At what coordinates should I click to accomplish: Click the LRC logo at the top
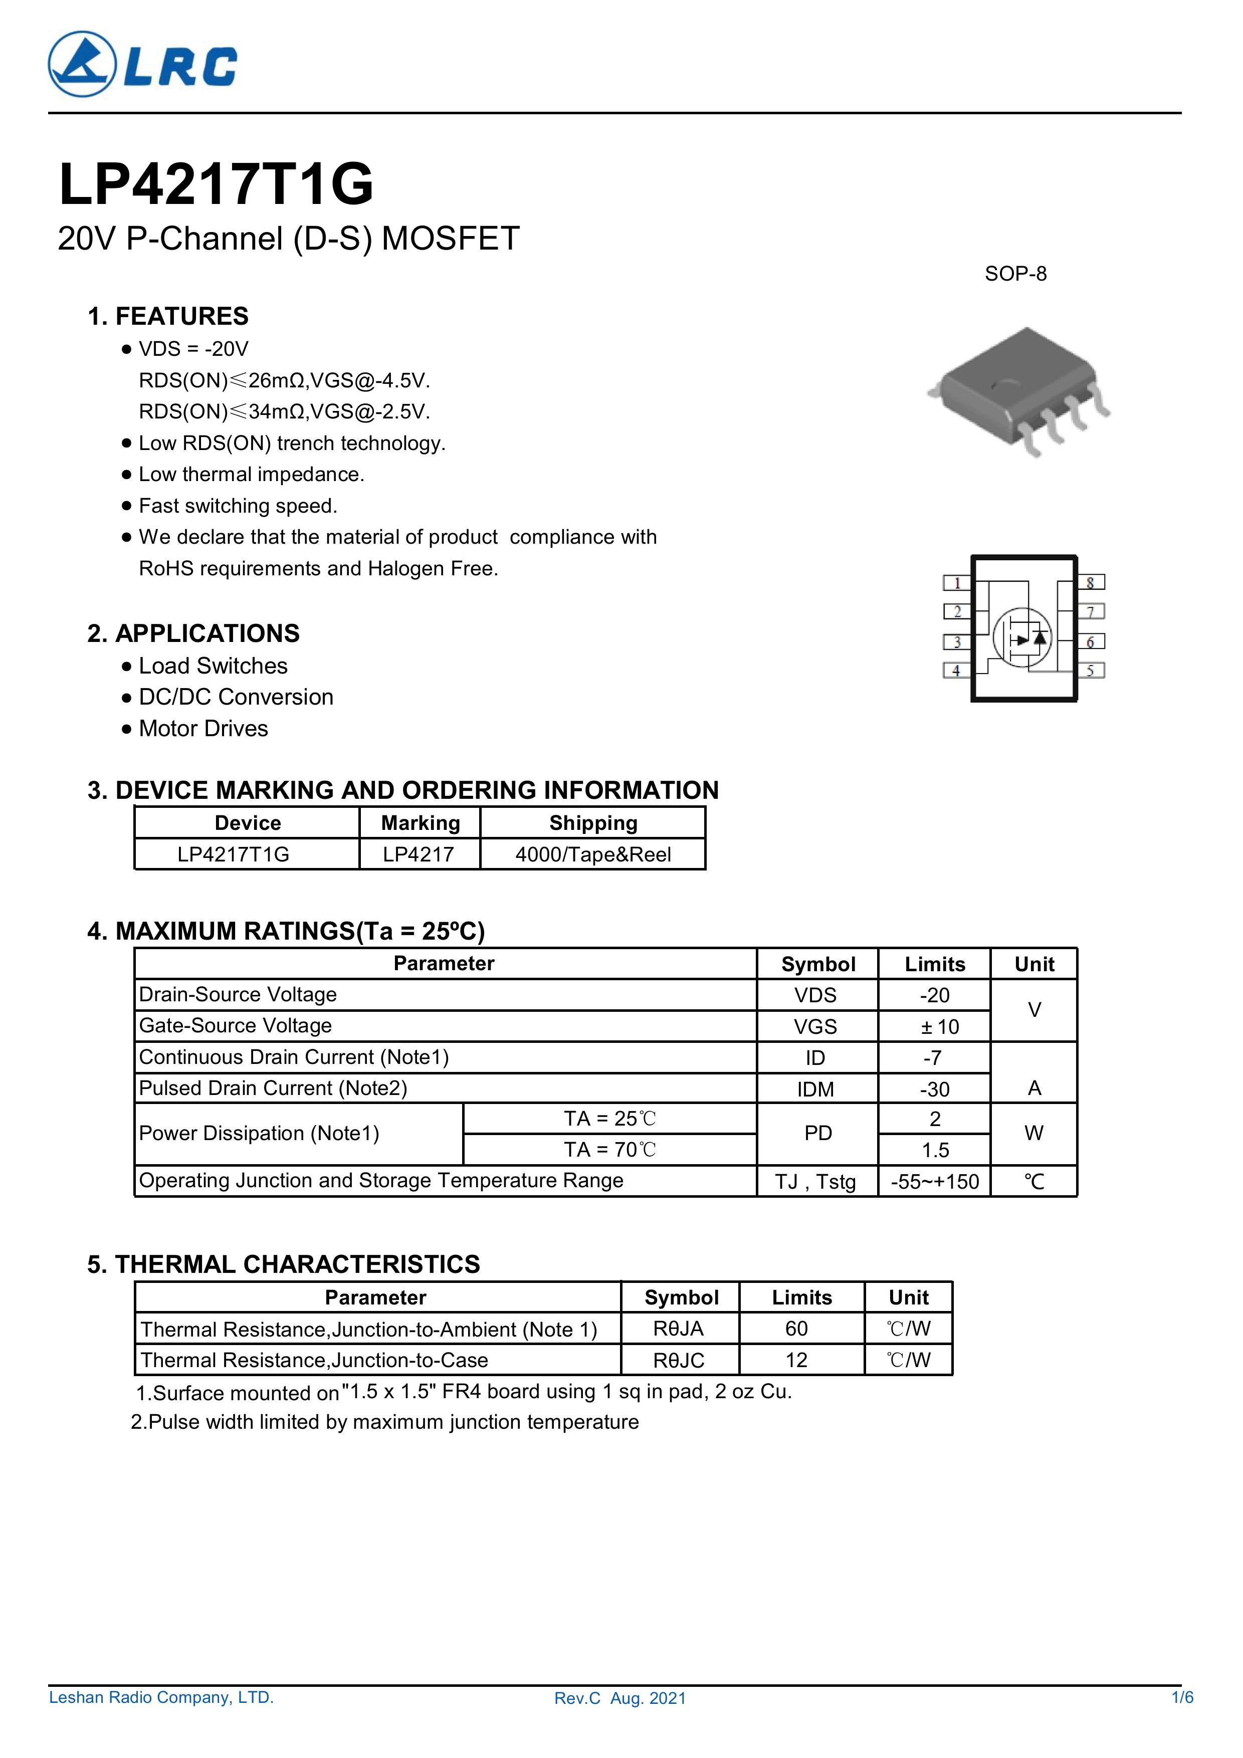click(142, 64)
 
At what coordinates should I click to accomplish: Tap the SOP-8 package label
click(1015, 274)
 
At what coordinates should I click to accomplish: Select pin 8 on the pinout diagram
click(1091, 583)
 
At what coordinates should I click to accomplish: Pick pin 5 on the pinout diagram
click(1091, 671)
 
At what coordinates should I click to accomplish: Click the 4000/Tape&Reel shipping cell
click(593, 854)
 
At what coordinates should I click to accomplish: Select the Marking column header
click(421, 823)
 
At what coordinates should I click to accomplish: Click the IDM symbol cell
click(815, 1089)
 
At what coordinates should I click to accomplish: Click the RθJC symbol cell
click(679, 1360)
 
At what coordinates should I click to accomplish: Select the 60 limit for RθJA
click(796, 1329)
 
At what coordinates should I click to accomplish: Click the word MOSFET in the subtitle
click(450, 239)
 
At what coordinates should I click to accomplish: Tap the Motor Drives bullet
click(203, 728)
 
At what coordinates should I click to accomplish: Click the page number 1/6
click(1182, 1697)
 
